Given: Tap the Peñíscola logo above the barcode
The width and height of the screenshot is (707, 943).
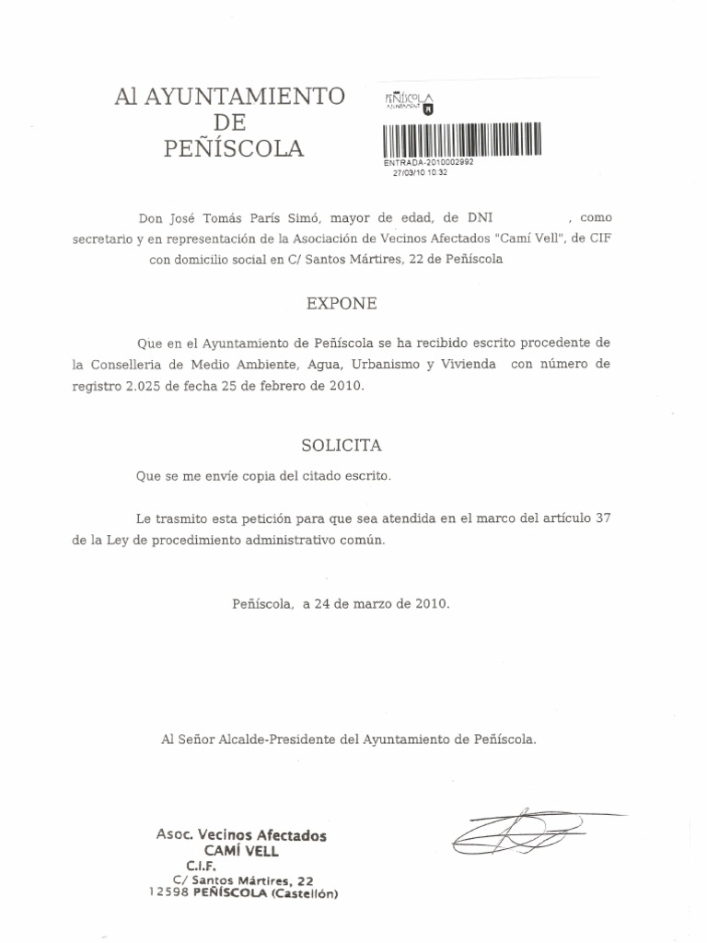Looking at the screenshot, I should click(x=408, y=102).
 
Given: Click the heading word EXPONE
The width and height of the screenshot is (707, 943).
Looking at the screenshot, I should click(x=342, y=302).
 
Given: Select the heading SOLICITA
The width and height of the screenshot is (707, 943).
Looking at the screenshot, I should click(x=342, y=445).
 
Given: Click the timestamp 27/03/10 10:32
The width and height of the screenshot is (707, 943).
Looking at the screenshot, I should click(x=420, y=172).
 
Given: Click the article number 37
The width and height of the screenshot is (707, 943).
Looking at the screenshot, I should click(x=603, y=518).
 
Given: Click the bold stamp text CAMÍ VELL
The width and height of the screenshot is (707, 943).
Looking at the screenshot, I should click(x=241, y=851).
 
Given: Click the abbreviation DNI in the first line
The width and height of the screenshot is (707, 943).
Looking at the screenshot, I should click(x=480, y=218).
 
